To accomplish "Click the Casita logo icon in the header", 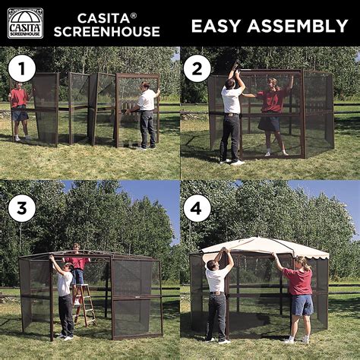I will pyautogui.click(x=25, y=23).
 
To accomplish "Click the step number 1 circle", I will pyautogui.click(x=21, y=69).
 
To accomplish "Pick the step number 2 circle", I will pyautogui.click(x=197, y=69).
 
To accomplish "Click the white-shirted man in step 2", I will pyautogui.click(x=232, y=114).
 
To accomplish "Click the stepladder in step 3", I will pyautogui.click(x=85, y=304).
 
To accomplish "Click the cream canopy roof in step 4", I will pyautogui.click(x=262, y=247).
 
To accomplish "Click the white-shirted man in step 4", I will pyautogui.click(x=217, y=292).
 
